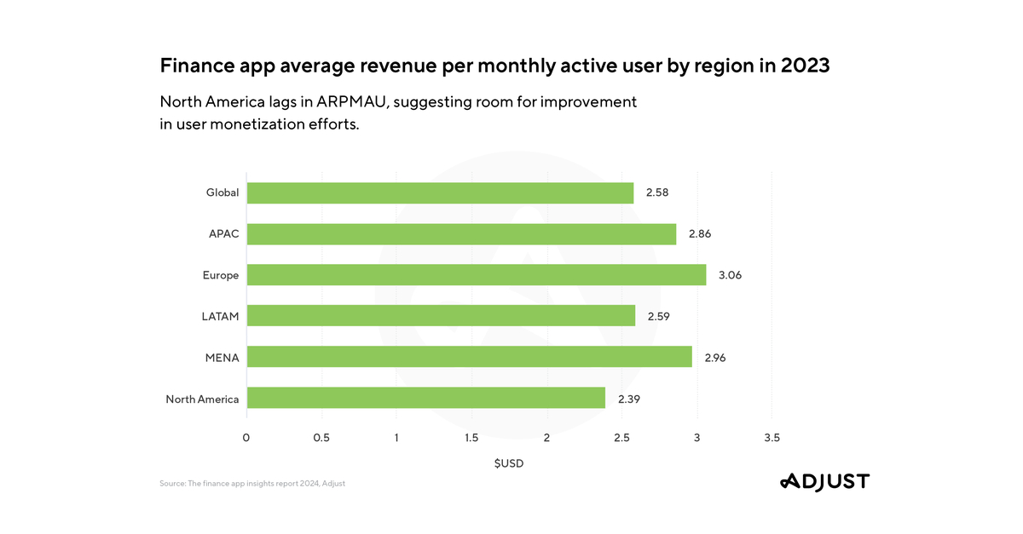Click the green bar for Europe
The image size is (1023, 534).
pyautogui.click(x=477, y=275)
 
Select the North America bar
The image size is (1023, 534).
pyautogui.click(x=426, y=398)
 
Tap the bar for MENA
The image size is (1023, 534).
pyautogui.click(x=470, y=357)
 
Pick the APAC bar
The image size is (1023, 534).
pyautogui.click(x=461, y=234)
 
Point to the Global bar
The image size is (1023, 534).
pyautogui.click(x=440, y=193)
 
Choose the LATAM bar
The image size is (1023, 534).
pyautogui.click(x=441, y=316)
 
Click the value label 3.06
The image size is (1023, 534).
pyautogui.click(x=731, y=275)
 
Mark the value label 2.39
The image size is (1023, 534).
pyautogui.click(x=629, y=398)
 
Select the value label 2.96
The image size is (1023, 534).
pyautogui.click(x=715, y=357)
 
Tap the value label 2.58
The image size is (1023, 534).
pyautogui.click(x=657, y=193)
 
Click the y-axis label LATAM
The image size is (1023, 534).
pyautogui.click(x=220, y=316)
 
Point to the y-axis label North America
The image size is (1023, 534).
pyautogui.click(x=202, y=399)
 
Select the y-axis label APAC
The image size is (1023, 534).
pyautogui.click(x=224, y=234)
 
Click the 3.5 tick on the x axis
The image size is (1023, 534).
pyautogui.click(x=772, y=438)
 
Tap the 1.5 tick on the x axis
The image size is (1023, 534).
pyautogui.click(x=471, y=438)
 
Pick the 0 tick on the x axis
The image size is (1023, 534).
pyautogui.click(x=246, y=438)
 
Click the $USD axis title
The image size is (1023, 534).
pyautogui.click(x=509, y=464)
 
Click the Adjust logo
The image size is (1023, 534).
pyautogui.click(x=824, y=482)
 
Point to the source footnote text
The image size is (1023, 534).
pyautogui.click(x=252, y=484)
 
